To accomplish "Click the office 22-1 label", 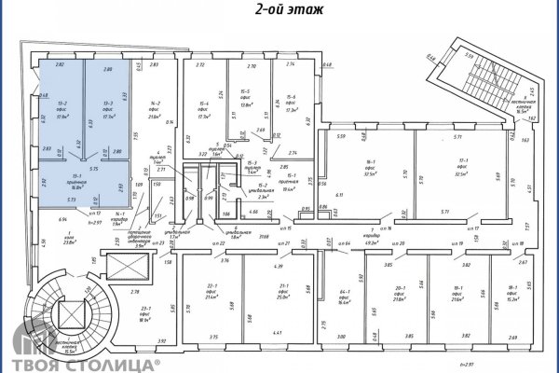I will [211, 291].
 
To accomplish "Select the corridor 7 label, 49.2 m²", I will [373, 232].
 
